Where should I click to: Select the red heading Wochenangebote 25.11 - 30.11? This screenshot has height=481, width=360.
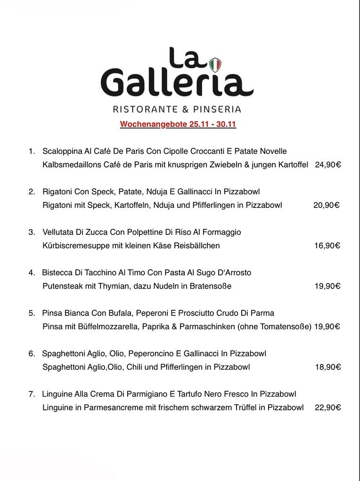coord(178,124)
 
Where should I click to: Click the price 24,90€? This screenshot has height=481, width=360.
coord(328,165)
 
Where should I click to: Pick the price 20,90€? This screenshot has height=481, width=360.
coord(327,205)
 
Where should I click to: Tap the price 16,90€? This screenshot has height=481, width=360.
coord(327,246)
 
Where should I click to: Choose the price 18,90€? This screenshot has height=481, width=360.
coord(328,367)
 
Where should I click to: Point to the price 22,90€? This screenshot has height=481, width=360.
coord(328,407)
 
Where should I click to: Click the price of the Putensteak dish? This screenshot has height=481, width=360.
coord(328,286)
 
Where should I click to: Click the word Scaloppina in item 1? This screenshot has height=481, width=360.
coord(62,151)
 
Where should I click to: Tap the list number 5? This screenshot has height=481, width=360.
coord(31,313)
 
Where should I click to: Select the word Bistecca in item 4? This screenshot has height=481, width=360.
coord(57,273)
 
